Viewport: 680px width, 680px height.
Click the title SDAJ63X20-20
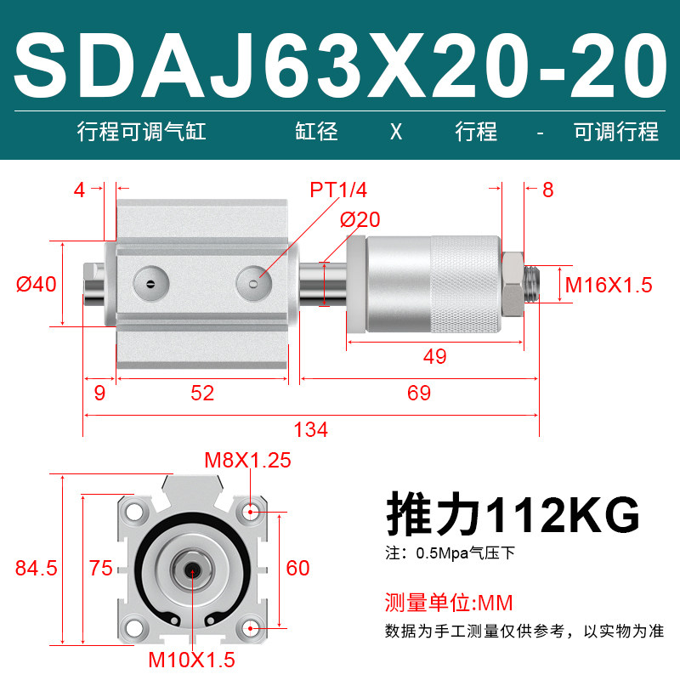[x=341, y=66]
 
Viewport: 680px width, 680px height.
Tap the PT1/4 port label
[x=338, y=190]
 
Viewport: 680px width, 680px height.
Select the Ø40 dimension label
[x=37, y=285]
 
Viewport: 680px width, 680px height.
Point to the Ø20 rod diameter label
[x=360, y=219]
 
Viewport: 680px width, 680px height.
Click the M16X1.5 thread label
[x=609, y=285]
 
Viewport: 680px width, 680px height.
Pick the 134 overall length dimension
[x=311, y=430]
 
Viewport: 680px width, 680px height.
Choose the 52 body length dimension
[x=202, y=393]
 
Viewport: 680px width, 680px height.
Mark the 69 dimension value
[x=419, y=393]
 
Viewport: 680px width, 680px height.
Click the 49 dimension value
[x=435, y=356]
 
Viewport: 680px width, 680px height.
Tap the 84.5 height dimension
[x=37, y=568]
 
